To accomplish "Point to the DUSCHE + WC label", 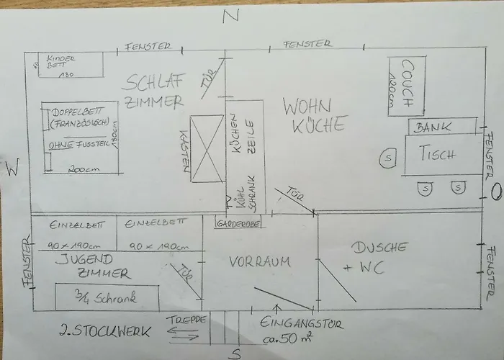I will click(x=379, y=257).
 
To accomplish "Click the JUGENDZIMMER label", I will click(x=105, y=266).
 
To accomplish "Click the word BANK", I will click(x=434, y=127).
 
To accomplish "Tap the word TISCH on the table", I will click(x=440, y=153).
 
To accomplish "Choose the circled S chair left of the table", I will click(x=388, y=156).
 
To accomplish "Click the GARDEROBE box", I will click(x=238, y=222).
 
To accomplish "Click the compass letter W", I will click(x=11, y=169).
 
